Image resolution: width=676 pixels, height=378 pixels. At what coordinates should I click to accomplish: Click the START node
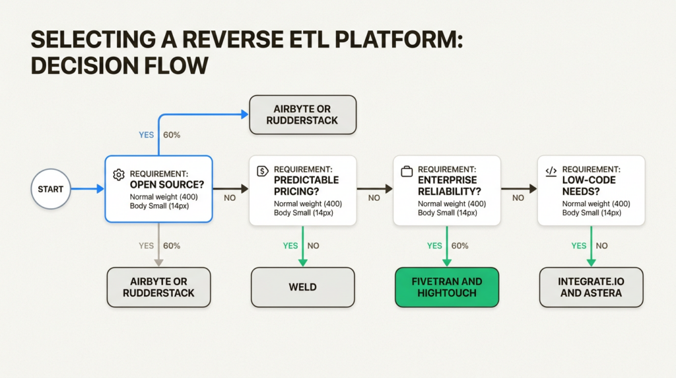(x=51, y=189)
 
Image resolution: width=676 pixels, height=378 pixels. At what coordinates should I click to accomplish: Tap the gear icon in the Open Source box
(x=119, y=174)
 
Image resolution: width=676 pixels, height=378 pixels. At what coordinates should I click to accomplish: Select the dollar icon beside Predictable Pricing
(x=262, y=170)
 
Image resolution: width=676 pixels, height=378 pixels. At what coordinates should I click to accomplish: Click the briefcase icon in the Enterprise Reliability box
(x=407, y=170)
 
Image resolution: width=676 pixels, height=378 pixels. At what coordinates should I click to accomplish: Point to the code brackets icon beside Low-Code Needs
(x=551, y=170)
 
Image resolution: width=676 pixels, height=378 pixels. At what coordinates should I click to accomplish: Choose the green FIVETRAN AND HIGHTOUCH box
(x=447, y=287)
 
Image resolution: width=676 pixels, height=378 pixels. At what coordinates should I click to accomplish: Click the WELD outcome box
(x=302, y=287)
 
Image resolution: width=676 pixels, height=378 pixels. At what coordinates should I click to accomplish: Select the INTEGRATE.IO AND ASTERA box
(x=591, y=287)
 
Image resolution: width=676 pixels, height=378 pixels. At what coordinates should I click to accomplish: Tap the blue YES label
(x=146, y=135)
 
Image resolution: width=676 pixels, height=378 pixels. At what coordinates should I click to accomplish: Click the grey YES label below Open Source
(x=146, y=246)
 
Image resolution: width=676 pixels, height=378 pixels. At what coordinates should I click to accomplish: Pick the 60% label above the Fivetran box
(x=459, y=246)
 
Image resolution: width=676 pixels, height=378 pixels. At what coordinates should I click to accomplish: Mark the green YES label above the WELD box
(x=290, y=246)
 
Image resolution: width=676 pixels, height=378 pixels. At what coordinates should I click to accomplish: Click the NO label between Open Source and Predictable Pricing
(x=230, y=198)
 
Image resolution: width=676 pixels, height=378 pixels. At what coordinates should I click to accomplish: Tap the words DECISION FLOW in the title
(x=119, y=66)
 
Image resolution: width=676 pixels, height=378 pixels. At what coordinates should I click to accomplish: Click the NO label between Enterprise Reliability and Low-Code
(x=518, y=198)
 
